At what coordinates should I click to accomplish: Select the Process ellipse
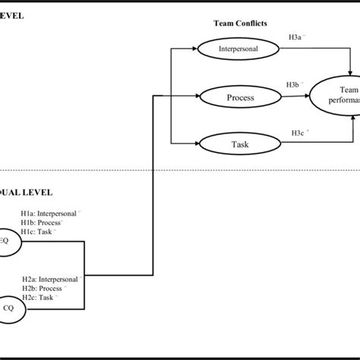tap(239, 97)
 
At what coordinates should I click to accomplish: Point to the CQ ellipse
tap(11, 308)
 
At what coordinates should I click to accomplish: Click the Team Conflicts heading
tap(239, 24)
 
